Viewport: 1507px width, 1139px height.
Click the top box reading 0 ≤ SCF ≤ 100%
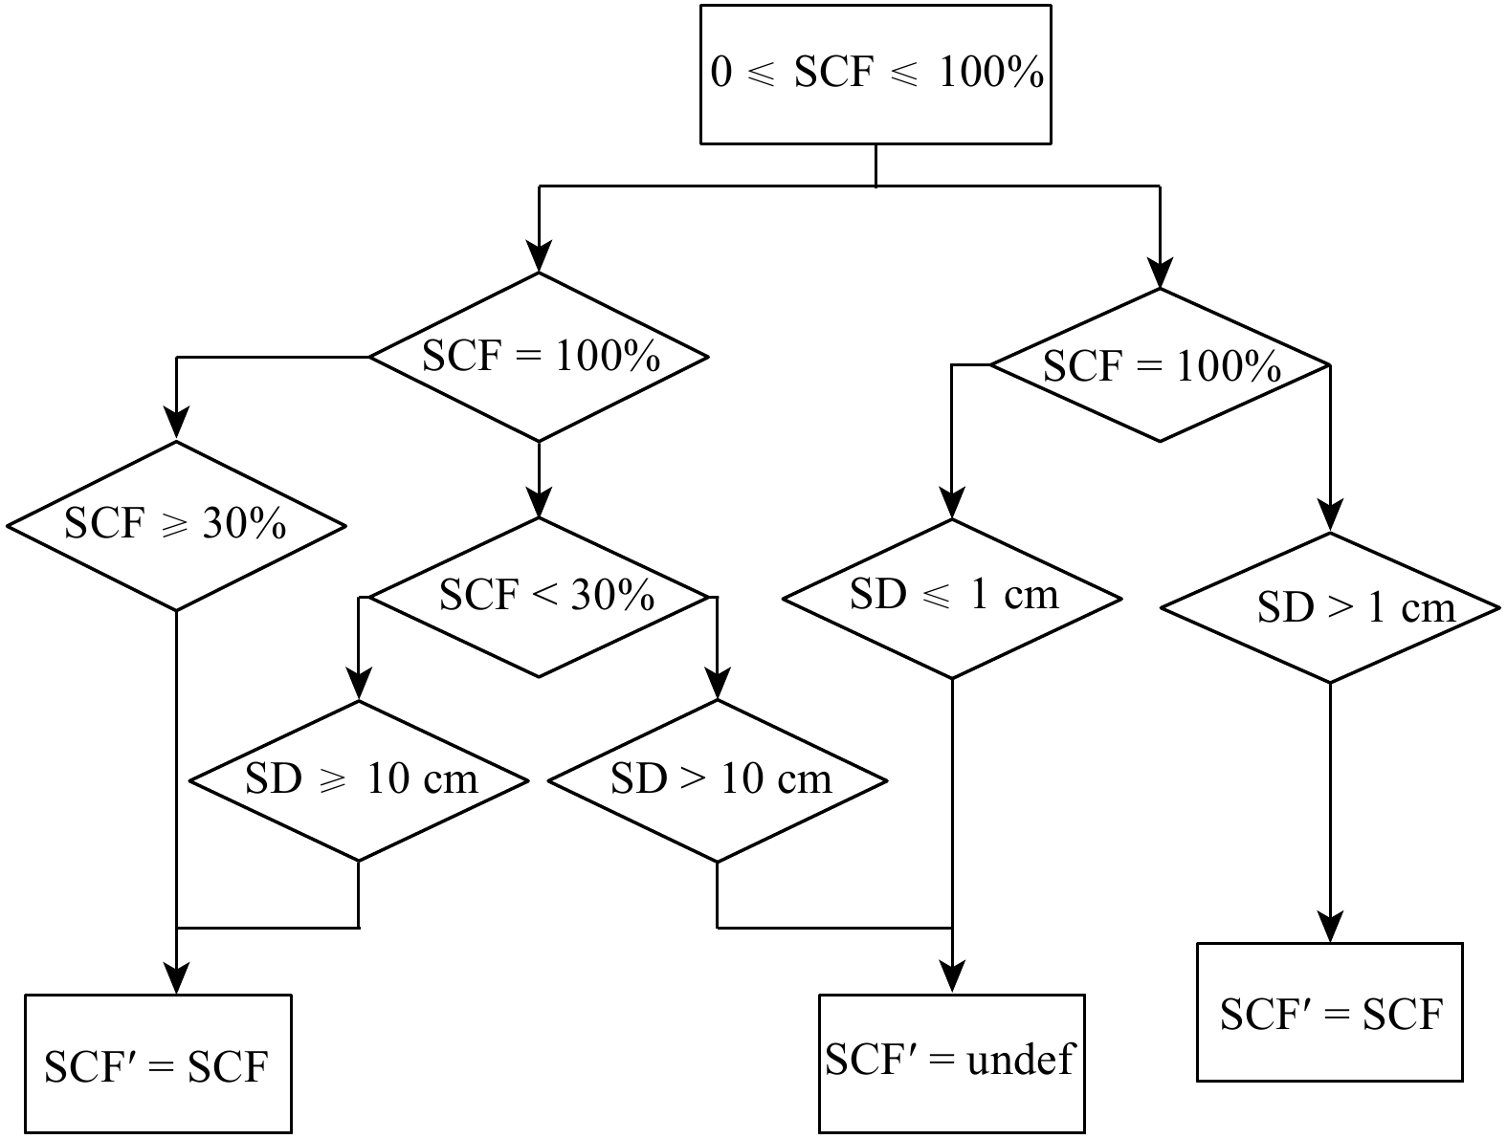coord(875,74)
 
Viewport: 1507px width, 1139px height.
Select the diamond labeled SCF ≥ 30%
coord(175,525)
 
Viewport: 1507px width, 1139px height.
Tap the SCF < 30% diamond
coord(539,597)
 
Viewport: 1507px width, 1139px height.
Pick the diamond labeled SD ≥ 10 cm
coord(358,780)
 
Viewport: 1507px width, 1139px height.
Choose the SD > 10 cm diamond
coord(718,780)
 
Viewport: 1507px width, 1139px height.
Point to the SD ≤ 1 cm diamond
coord(952,598)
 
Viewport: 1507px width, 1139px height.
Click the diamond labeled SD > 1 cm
coord(1330,608)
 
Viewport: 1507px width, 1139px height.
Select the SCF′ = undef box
coord(952,1062)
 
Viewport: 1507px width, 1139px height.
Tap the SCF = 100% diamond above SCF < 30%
coord(539,357)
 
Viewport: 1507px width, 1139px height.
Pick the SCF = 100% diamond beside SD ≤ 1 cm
coord(1160,366)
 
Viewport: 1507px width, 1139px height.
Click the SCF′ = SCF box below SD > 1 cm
coord(1330,1012)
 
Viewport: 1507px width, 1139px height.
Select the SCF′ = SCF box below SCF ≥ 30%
coord(158,1063)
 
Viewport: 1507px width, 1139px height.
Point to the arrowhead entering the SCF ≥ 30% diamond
coord(176,426)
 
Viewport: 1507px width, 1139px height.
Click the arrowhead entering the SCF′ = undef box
coord(952,979)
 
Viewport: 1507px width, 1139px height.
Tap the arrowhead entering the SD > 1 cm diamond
coord(1330,517)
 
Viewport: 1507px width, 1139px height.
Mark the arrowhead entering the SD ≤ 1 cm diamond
coord(952,504)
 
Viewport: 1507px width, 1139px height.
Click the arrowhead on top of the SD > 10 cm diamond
coord(718,686)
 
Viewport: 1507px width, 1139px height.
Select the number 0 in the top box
coord(721,74)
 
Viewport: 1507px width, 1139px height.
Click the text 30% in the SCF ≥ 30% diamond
coord(244,523)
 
